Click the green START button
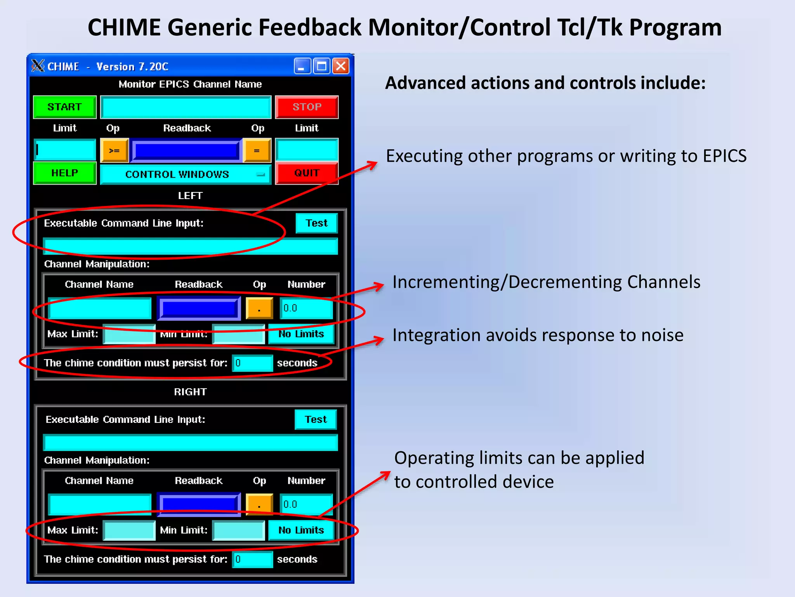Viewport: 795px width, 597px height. tap(64, 107)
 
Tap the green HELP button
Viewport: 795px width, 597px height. tap(64, 173)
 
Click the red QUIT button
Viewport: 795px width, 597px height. tap(307, 173)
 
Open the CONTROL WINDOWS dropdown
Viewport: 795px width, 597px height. tap(186, 175)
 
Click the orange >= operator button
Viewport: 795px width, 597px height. tap(114, 151)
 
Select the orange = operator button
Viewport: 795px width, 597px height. tap(257, 151)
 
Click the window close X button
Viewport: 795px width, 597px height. tap(341, 66)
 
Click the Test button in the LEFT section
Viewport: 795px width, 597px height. tap(316, 223)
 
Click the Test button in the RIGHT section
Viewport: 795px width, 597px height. tap(316, 419)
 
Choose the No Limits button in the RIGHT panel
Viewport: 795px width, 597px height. tap(301, 530)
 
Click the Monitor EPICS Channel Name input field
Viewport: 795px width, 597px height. tap(186, 107)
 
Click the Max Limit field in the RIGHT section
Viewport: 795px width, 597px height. tap(129, 531)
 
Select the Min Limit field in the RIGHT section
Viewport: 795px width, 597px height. tap(239, 531)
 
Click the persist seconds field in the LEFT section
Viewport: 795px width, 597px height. tap(252, 363)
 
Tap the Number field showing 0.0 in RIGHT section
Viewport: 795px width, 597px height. tap(306, 504)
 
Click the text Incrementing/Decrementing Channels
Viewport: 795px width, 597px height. tap(546, 282)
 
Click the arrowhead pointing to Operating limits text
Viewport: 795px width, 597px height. tap(386, 475)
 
